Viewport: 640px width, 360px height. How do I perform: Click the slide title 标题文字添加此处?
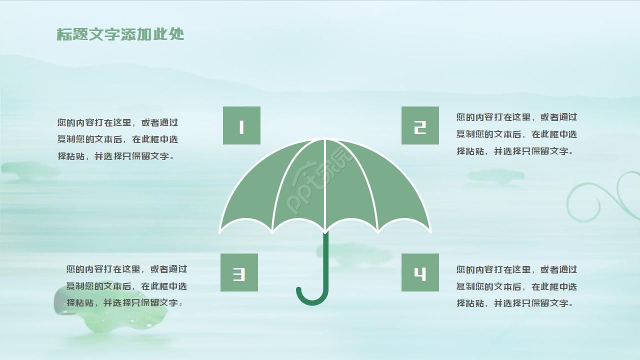tap(120, 34)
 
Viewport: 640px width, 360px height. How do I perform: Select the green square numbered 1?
tap(241, 125)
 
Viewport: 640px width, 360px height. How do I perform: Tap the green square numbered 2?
tap(420, 125)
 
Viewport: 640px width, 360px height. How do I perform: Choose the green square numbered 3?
tap(239, 272)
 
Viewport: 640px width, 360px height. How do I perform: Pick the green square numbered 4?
tap(420, 272)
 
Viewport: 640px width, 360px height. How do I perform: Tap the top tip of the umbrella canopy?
tap(325, 139)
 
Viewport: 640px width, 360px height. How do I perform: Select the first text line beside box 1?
tap(117, 122)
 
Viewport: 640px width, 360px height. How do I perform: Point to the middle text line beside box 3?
tap(126, 286)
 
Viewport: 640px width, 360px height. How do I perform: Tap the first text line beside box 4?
tap(516, 269)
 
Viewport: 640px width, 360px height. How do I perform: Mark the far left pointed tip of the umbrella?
tap(220, 232)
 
